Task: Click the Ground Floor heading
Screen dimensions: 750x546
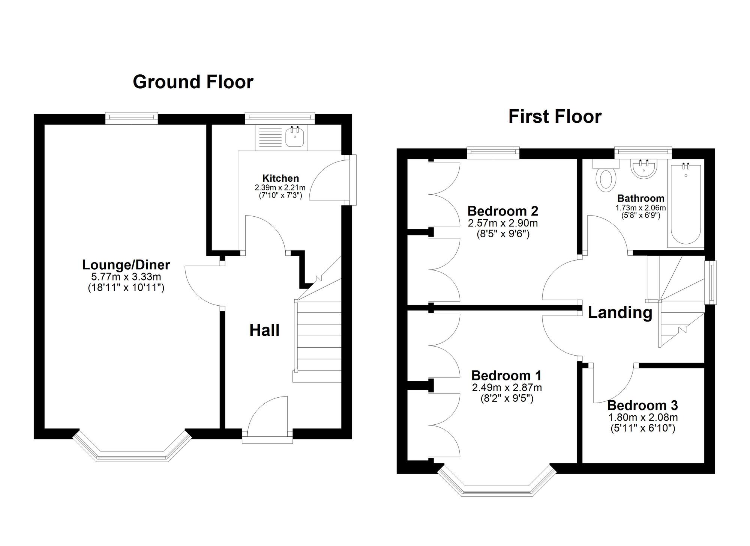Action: click(193, 82)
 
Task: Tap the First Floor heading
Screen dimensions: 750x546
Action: click(555, 116)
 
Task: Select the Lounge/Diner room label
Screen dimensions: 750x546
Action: click(126, 265)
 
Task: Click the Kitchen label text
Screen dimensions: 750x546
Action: click(280, 178)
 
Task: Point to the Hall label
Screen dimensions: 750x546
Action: click(264, 330)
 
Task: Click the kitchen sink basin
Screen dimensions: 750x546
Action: click(295, 137)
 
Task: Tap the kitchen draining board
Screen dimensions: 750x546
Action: click(268, 137)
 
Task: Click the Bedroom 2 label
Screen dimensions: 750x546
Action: click(503, 211)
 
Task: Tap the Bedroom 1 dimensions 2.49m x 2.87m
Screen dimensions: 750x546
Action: click(507, 388)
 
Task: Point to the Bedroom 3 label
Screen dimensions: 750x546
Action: click(643, 406)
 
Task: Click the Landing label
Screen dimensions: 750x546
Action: click(620, 312)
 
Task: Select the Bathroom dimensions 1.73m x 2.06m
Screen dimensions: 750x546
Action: click(640, 208)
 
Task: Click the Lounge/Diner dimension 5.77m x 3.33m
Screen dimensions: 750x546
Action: click(126, 277)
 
